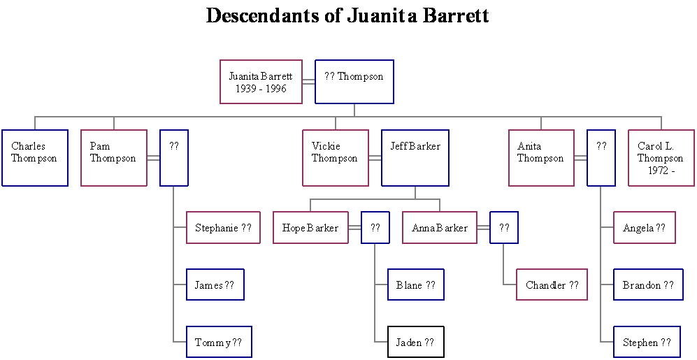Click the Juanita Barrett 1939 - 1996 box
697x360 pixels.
point(261,82)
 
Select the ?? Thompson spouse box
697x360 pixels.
point(354,82)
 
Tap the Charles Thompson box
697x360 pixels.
point(34,158)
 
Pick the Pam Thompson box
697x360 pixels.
point(113,158)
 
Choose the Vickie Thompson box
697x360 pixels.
point(335,158)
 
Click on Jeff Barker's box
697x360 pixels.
point(415,158)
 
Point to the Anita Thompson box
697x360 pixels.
point(541,158)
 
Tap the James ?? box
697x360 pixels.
point(215,285)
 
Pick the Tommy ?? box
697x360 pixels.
point(218,343)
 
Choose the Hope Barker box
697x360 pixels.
point(310,228)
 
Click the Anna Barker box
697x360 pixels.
point(440,228)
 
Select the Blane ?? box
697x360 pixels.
point(415,285)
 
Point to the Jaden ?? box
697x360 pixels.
point(415,343)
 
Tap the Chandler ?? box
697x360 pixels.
point(552,285)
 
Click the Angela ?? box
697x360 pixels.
point(644,228)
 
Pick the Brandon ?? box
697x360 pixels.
point(648,285)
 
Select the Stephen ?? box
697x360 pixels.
point(647,343)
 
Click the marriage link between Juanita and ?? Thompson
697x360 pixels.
point(308,82)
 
